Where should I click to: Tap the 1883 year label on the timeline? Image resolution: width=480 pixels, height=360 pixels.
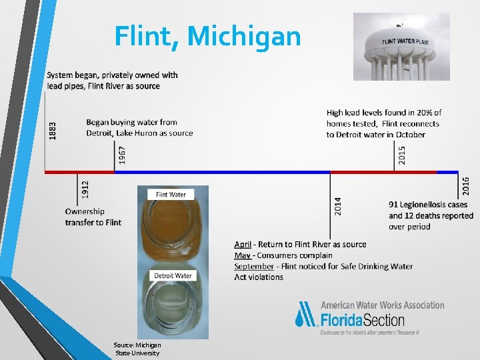(x=53, y=129)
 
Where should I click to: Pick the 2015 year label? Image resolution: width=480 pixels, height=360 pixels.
(x=402, y=155)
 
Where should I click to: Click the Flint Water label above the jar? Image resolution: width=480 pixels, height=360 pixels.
(x=171, y=195)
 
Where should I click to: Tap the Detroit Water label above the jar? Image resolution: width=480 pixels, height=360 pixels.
(x=173, y=275)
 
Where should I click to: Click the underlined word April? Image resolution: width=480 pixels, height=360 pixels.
(x=243, y=245)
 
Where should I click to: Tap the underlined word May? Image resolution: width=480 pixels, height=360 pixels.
(x=242, y=255)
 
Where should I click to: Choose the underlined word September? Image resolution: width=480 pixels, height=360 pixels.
(x=254, y=266)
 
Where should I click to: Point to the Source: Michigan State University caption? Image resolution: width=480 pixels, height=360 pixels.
(x=138, y=349)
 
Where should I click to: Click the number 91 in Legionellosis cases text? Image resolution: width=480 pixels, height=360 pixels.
(x=395, y=205)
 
